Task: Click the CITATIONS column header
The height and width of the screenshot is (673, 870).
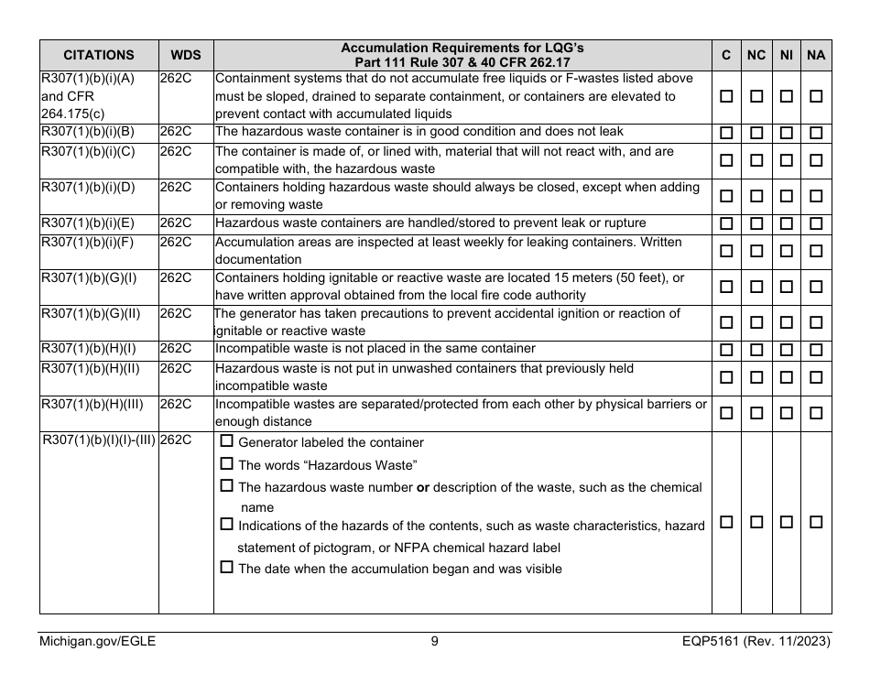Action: [99, 55]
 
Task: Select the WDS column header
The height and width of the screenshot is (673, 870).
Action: [186, 55]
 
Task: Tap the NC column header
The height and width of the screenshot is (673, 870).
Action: [756, 55]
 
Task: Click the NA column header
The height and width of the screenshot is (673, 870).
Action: [816, 55]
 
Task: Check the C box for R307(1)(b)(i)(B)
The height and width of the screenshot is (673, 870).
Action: [726, 134]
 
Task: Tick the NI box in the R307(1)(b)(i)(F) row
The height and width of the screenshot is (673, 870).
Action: [786, 250]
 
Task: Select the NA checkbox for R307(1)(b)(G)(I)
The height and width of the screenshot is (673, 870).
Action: [816, 287]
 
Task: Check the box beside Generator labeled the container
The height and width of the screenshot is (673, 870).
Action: [228, 442]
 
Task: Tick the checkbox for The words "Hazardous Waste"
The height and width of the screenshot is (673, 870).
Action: [228, 464]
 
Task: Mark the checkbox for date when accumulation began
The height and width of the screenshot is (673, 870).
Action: [228, 568]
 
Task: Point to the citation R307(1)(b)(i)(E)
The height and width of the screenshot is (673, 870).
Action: [89, 223]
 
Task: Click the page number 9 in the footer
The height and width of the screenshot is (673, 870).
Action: [434, 642]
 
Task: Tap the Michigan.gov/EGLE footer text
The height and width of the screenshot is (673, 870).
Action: [97, 642]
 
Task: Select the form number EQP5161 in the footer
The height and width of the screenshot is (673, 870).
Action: [705, 642]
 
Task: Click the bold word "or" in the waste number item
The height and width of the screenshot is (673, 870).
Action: [423, 487]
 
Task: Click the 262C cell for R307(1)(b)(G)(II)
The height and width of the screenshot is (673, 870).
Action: [175, 314]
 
